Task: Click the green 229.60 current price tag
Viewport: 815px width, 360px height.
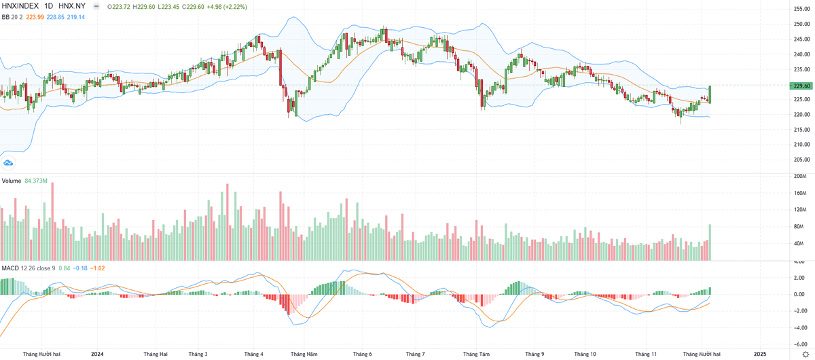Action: tap(802, 86)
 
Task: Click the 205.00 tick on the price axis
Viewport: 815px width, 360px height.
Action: tap(802, 160)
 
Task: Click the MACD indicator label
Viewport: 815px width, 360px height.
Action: tap(10, 268)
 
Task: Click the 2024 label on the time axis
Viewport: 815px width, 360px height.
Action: tap(97, 354)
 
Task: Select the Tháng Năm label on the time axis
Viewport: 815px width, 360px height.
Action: tap(303, 354)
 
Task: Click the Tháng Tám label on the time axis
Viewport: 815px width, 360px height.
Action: tap(476, 354)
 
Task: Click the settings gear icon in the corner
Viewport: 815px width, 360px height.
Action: tap(805, 354)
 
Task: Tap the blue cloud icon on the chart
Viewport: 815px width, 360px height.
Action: tap(9, 162)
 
